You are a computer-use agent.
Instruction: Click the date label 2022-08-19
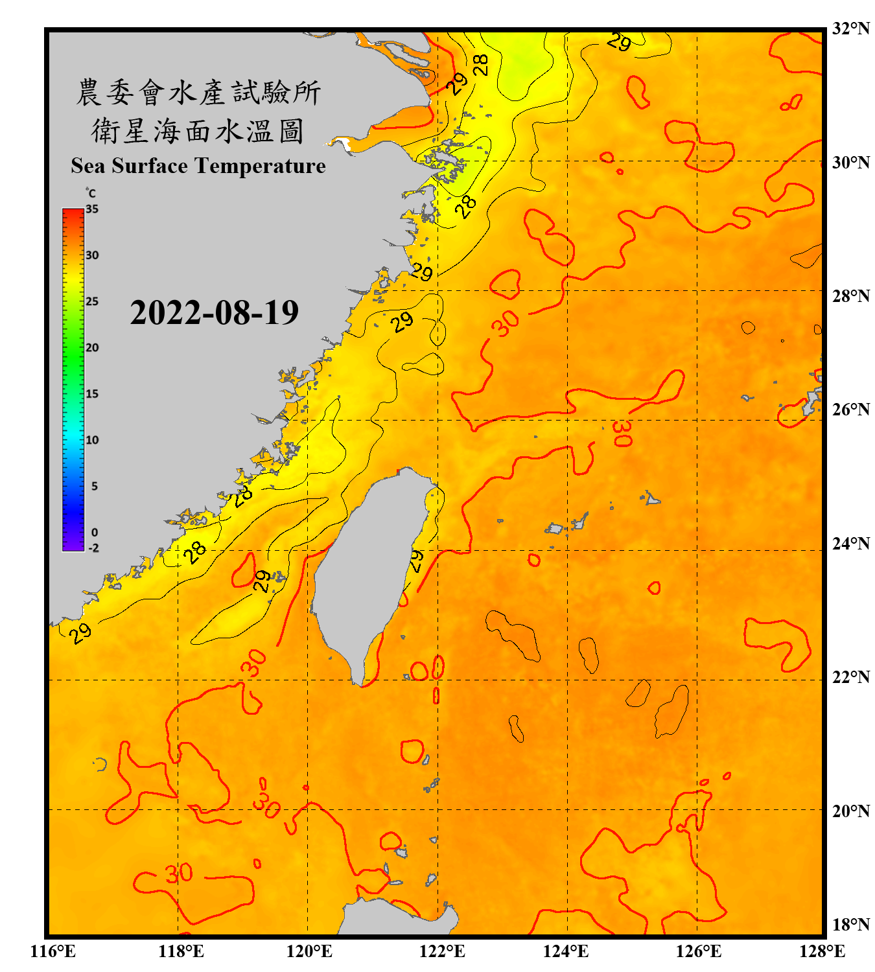[214, 313]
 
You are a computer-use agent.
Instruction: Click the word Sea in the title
[89, 166]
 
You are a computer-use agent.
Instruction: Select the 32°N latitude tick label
[850, 29]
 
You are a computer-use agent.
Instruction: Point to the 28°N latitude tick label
[850, 296]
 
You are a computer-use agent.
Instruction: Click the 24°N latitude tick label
[850, 544]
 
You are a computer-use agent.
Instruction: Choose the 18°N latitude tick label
[850, 925]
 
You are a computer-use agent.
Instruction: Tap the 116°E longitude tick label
[52, 951]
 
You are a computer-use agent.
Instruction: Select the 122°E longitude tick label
[442, 951]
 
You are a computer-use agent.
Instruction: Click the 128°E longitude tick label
[822, 951]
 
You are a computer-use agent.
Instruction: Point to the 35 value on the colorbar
[92, 209]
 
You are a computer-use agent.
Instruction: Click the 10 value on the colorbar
[92, 440]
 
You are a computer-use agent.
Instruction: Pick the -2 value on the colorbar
[93, 548]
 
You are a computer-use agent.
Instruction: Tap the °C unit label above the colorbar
[90, 193]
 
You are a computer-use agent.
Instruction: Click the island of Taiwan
[369, 564]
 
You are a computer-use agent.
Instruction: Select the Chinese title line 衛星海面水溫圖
[198, 132]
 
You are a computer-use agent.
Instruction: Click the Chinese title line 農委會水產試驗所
[198, 93]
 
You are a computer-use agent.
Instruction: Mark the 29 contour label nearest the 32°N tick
[619, 43]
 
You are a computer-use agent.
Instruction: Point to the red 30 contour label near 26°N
[622, 434]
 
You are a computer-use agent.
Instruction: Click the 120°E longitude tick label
[309, 951]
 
